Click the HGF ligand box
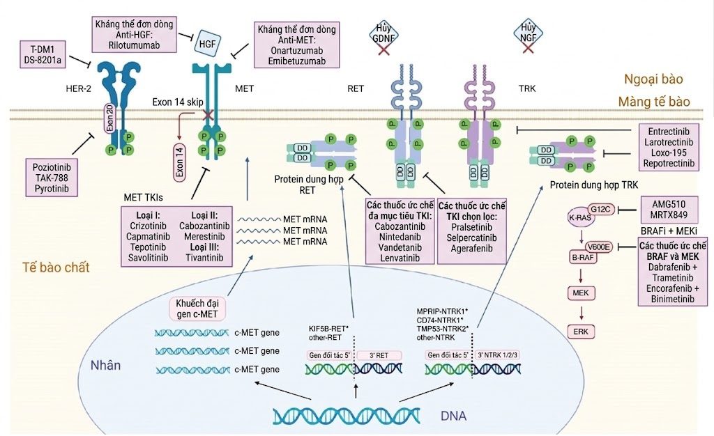(x=207, y=44)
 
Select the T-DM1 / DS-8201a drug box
(x=43, y=54)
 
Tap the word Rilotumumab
(x=134, y=45)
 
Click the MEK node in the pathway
(x=581, y=293)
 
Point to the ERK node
(x=581, y=332)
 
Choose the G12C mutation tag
(x=600, y=209)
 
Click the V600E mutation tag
(x=598, y=247)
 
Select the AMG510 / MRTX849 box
(x=669, y=209)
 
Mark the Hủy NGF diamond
(x=529, y=33)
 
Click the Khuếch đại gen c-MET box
(x=197, y=309)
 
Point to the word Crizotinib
(x=148, y=226)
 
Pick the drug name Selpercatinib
(x=471, y=238)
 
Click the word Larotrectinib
(x=669, y=142)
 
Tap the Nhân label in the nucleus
(x=105, y=365)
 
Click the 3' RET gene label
(x=379, y=355)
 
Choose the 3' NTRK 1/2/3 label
(x=497, y=355)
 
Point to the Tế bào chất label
(x=56, y=267)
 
